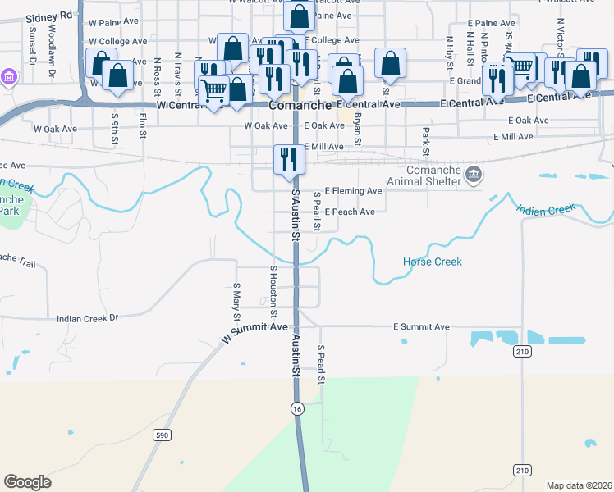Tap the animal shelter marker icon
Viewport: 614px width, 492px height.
[x=473, y=174]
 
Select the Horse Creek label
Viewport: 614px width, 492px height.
[x=432, y=262]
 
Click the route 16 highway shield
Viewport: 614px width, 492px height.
[x=297, y=408]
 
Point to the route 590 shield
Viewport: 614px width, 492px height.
[x=163, y=435]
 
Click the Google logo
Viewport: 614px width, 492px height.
[x=27, y=482]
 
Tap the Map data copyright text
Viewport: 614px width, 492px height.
[x=578, y=485]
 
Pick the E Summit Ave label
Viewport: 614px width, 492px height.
[x=421, y=326]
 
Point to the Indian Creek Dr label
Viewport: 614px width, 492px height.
[x=88, y=317]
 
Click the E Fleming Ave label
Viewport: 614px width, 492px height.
[x=354, y=191]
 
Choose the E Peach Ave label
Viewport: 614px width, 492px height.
[x=350, y=212]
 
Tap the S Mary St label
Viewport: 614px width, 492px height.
[x=236, y=301]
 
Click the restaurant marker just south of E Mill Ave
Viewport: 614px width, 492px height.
[x=288, y=157]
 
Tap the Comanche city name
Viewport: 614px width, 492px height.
[x=300, y=106]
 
